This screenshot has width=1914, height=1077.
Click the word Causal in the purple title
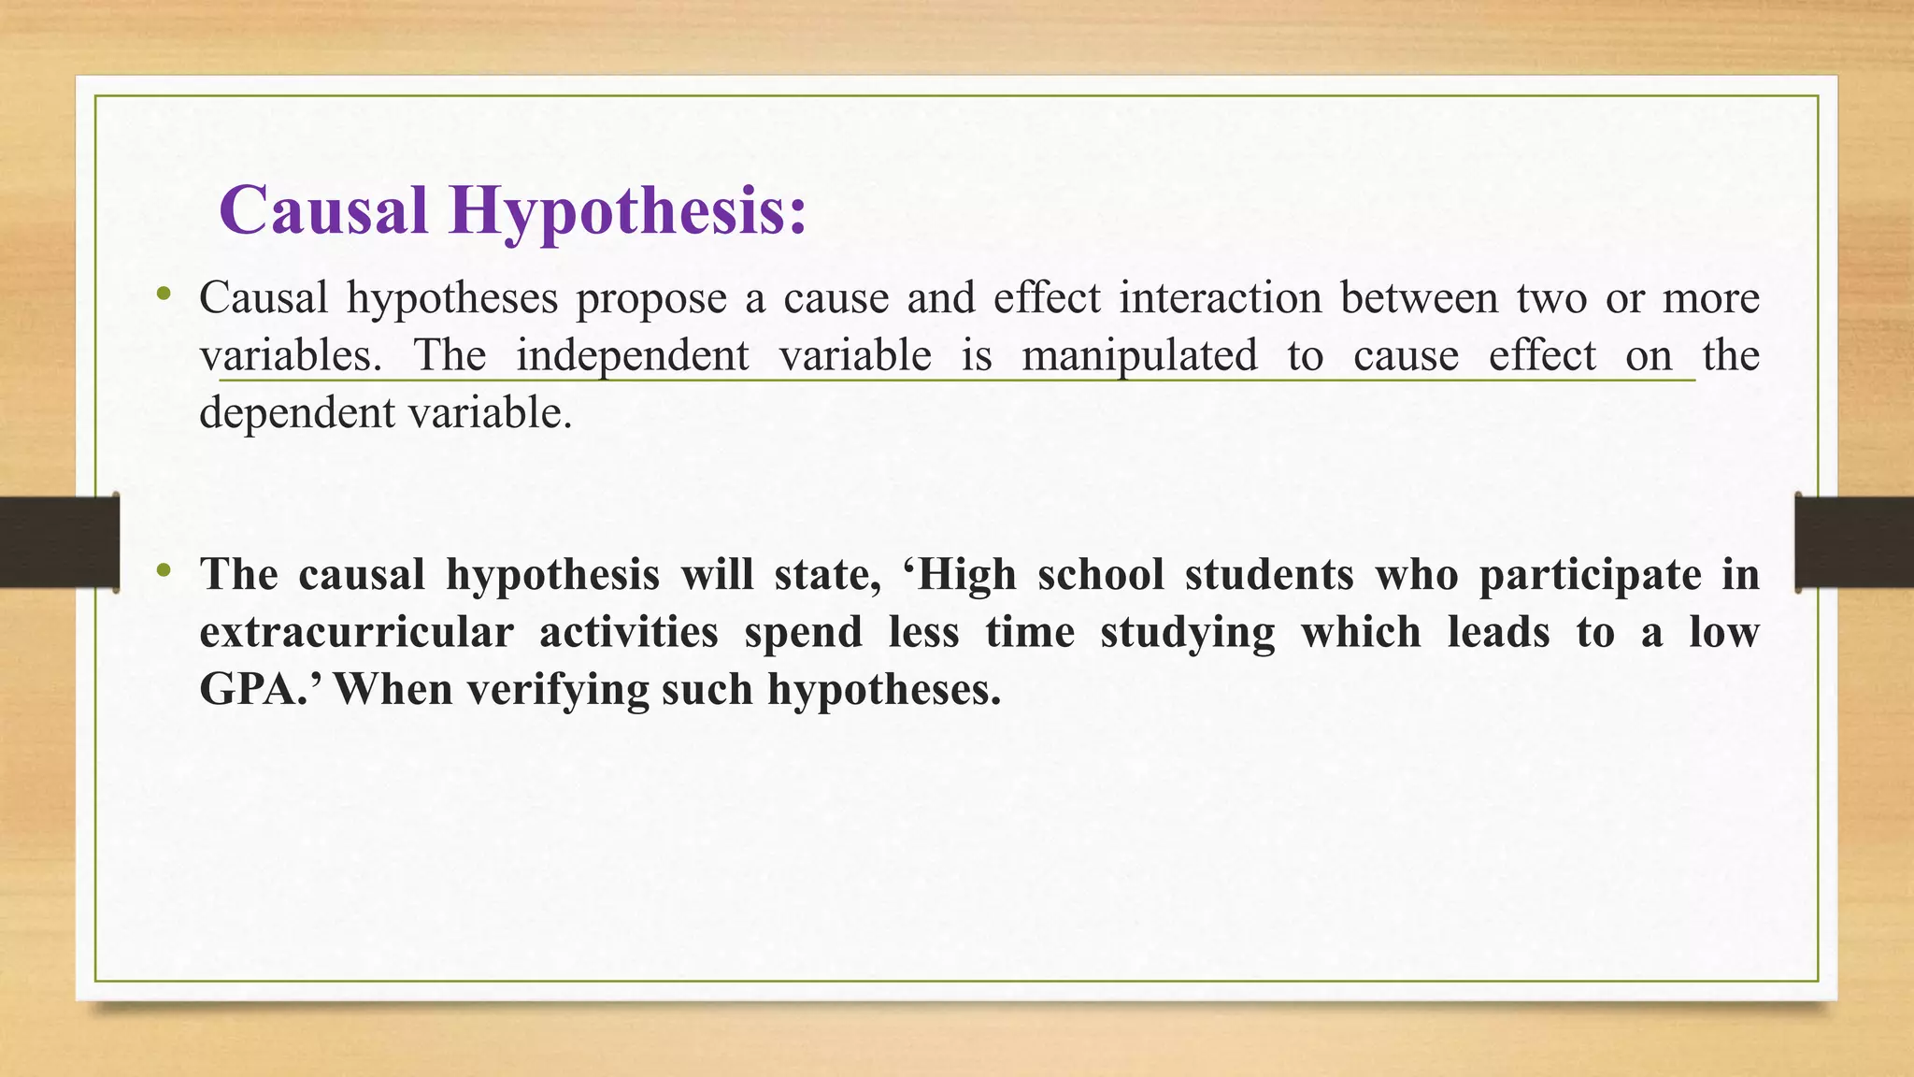click(x=323, y=210)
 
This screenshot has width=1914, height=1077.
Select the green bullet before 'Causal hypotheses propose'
click(x=164, y=294)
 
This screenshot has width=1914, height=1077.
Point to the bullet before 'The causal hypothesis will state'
click(x=164, y=569)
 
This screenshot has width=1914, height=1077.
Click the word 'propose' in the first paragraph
click(x=650, y=299)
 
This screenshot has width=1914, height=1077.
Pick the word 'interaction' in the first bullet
click(x=1221, y=297)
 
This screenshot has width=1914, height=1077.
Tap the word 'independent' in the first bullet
click(x=633, y=356)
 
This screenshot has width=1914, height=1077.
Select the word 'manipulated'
click(x=1139, y=356)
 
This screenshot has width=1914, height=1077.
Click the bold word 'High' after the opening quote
click(x=967, y=574)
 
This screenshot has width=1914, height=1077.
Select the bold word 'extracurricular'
click(x=356, y=632)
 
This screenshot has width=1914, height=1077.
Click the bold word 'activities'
click(x=628, y=632)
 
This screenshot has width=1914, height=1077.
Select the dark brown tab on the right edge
click(x=1854, y=542)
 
